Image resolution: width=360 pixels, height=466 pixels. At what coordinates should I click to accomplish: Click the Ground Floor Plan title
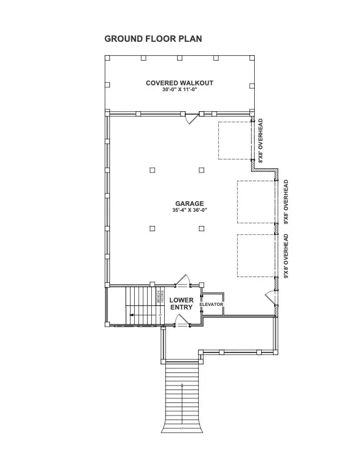click(x=153, y=39)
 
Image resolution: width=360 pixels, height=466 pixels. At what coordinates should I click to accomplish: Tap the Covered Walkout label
click(x=179, y=83)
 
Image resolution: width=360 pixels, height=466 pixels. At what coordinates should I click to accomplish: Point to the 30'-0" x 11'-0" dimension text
click(x=179, y=89)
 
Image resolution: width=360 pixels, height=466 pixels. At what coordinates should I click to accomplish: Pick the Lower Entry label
click(x=181, y=304)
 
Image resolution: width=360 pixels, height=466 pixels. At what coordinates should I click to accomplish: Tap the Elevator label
click(x=211, y=304)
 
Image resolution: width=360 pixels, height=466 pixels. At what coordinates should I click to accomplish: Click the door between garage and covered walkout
click(x=191, y=118)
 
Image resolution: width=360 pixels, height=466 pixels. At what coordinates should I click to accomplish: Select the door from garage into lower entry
click(x=183, y=281)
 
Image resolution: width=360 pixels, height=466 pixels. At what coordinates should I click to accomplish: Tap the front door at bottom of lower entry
click(x=182, y=319)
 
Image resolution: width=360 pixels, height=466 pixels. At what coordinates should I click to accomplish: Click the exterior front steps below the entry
click(x=182, y=394)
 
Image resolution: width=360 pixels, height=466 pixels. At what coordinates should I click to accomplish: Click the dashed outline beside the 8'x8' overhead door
click(x=235, y=140)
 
